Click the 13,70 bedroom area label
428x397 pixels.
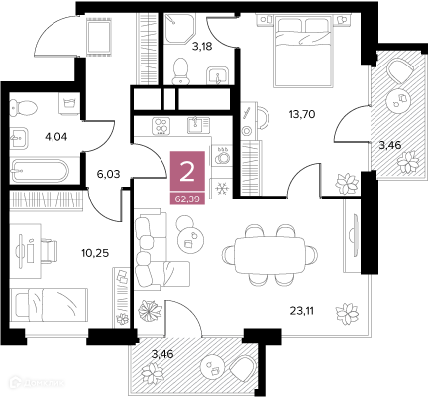(302, 115)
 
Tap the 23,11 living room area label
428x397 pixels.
(302, 311)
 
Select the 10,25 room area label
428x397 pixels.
(95, 253)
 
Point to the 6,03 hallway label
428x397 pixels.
(108, 174)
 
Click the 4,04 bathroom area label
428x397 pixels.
(55, 136)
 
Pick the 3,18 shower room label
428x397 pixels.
(202, 47)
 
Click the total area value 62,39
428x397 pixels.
(187, 199)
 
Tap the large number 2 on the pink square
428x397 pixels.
(187, 172)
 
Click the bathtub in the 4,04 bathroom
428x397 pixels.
(40, 171)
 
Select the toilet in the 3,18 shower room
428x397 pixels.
(181, 71)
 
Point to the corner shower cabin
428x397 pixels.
(179, 28)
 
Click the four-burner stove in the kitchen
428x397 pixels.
(160, 126)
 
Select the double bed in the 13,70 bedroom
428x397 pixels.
(303, 52)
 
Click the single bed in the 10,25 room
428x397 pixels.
(49, 304)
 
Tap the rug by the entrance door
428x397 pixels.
(99, 36)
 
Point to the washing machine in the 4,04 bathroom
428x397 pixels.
(69, 103)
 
